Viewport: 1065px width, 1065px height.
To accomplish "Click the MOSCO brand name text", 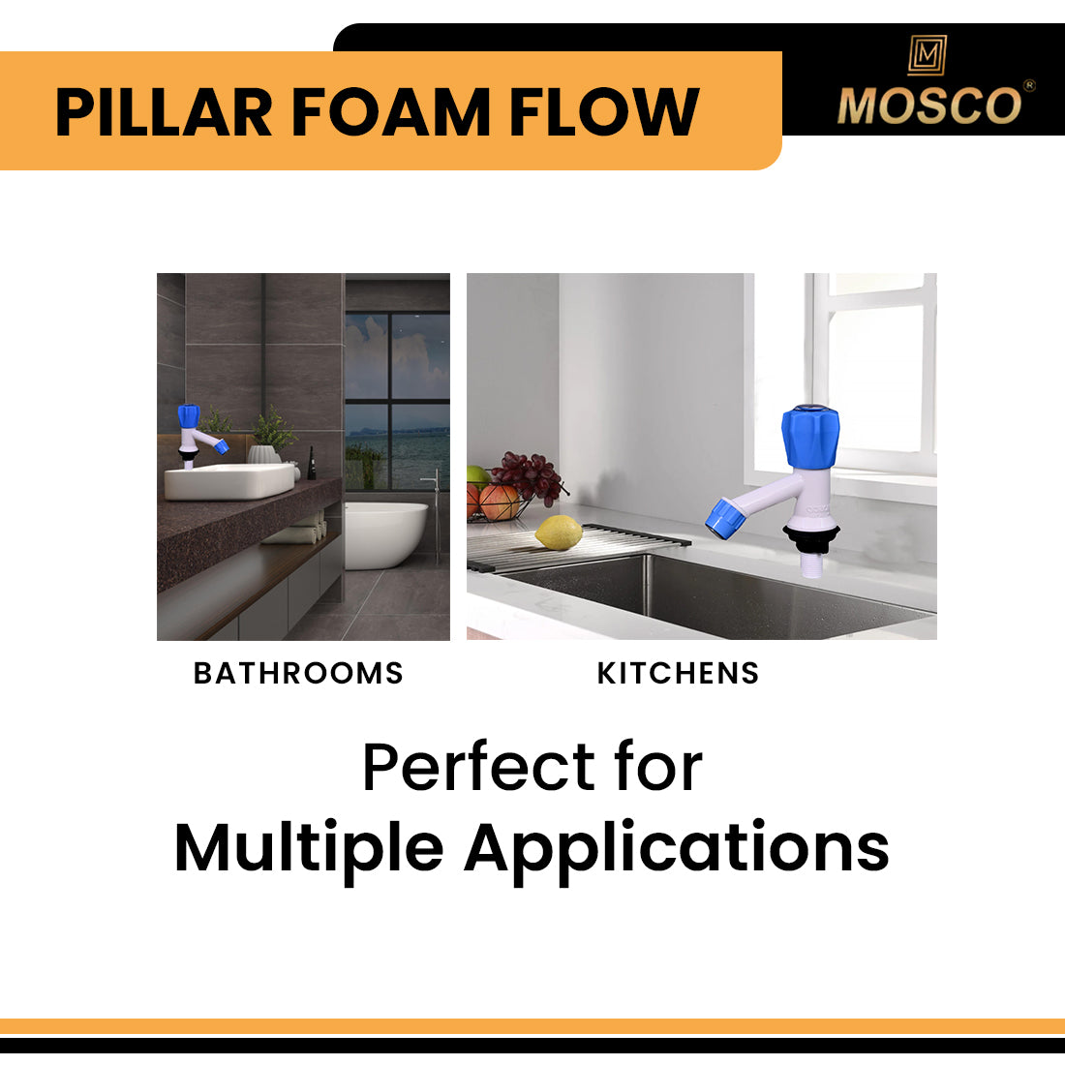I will coord(928,106).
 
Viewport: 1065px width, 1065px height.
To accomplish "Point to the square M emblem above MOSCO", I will coord(927,55).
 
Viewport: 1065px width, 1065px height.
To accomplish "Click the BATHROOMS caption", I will coord(298,673).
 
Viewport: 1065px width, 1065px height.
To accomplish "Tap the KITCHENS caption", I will coord(678,673).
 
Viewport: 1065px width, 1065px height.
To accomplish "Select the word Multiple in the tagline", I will coord(309,848).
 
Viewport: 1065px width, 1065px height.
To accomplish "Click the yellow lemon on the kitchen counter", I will coord(559,532).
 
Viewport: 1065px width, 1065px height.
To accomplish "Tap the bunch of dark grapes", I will coord(527,474).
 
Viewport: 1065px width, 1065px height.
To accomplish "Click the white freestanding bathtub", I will coord(385,533).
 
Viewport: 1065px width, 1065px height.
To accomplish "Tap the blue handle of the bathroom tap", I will coord(189,416).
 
